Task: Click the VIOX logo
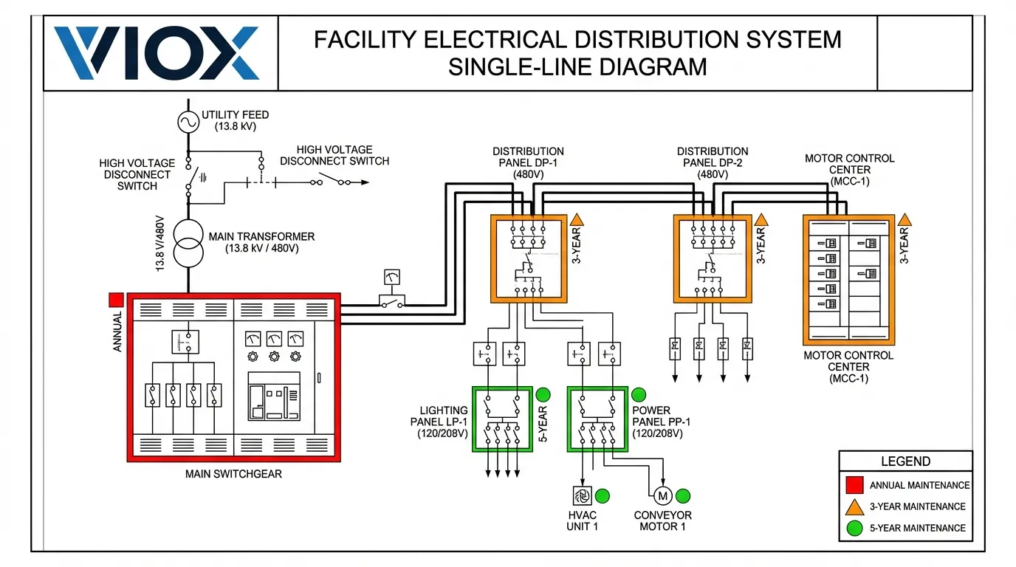click(x=156, y=53)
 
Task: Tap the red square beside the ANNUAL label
click(x=116, y=300)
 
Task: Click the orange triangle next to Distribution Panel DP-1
click(x=577, y=219)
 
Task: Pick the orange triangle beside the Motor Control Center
click(x=905, y=219)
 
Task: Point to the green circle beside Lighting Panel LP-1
click(x=543, y=395)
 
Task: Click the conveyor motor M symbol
click(x=662, y=495)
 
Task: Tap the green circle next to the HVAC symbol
click(x=603, y=495)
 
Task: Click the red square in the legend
click(x=854, y=485)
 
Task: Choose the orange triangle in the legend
click(x=854, y=507)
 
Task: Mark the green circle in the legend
click(x=854, y=529)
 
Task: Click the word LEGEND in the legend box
click(x=905, y=461)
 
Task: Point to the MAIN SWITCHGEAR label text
click(x=233, y=474)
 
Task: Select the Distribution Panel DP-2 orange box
click(x=712, y=258)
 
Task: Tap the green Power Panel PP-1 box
click(x=597, y=419)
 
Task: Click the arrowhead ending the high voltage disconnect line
click(x=364, y=182)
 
